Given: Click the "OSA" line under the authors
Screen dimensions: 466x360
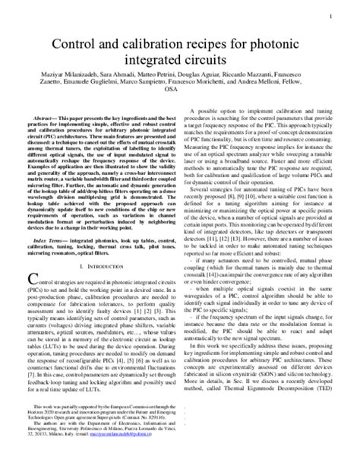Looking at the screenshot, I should (179, 111).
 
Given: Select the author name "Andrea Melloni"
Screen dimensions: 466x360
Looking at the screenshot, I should (279, 101).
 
